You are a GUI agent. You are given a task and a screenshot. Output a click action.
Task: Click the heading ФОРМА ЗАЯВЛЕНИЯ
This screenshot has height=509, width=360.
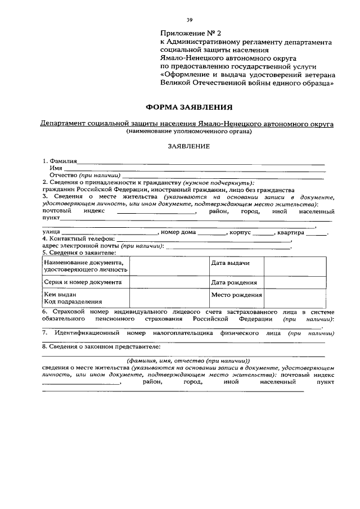(x=188, y=106)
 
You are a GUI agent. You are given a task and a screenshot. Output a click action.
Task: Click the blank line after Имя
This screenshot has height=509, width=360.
(x=194, y=169)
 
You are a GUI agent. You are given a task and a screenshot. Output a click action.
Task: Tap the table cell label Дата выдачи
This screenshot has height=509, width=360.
(x=230, y=263)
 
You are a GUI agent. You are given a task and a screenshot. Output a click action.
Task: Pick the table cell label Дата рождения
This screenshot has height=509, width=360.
(x=234, y=283)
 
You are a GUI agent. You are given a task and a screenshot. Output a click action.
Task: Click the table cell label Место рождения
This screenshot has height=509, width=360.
(x=236, y=295)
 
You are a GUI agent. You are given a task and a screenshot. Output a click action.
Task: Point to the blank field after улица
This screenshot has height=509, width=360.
(x=110, y=233)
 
